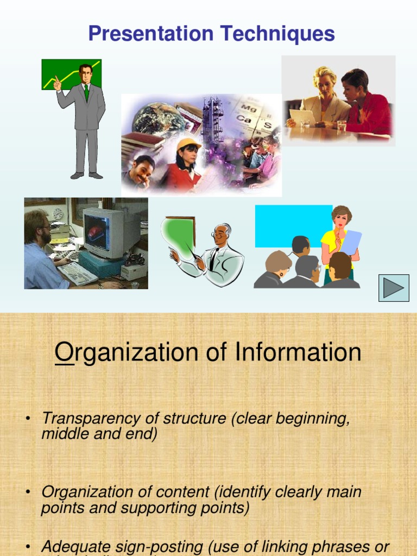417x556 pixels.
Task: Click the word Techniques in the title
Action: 281,34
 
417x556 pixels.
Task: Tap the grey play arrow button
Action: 394,288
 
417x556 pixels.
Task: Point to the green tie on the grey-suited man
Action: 86,92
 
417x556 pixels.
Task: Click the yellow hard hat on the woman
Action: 188,144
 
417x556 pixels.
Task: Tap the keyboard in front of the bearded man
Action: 77,273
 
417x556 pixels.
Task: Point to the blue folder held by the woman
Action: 350,242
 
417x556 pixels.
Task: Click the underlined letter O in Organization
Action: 64,352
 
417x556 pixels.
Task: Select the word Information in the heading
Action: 298,352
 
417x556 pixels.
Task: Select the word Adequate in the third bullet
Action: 76,546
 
